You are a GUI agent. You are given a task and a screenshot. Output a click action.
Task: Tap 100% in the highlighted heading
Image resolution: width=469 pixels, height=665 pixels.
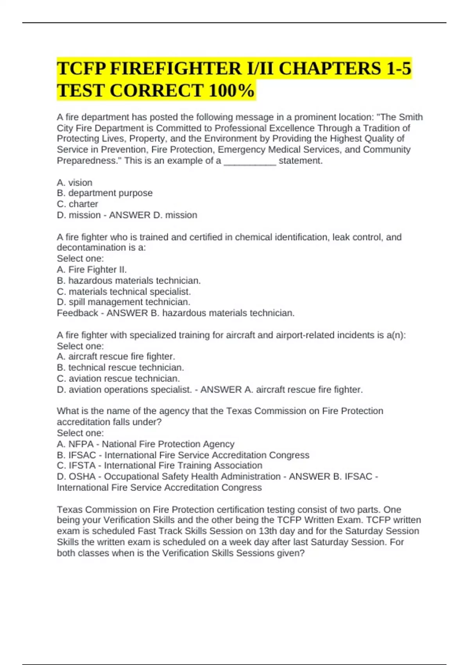point(231,91)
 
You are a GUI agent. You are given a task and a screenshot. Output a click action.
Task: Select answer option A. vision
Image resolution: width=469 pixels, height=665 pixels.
point(75,183)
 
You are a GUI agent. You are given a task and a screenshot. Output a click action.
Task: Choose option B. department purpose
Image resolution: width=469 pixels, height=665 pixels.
point(105,193)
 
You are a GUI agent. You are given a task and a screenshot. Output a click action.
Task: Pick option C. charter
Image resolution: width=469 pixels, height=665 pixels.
point(77,204)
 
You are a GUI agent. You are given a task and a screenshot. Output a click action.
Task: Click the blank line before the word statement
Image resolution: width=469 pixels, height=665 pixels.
point(250,161)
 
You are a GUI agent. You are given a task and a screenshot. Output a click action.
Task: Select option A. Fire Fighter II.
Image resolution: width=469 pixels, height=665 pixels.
point(92,270)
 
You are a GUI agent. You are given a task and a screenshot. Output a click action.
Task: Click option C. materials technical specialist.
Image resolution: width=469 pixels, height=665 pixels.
point(124,291)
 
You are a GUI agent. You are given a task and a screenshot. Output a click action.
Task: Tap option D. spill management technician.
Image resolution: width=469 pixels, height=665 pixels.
point(124,302)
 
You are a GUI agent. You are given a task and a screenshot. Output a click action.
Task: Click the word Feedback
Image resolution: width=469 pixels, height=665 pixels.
point(77,313)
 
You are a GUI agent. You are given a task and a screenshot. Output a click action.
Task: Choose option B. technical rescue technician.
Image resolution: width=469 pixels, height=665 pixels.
point(120,367)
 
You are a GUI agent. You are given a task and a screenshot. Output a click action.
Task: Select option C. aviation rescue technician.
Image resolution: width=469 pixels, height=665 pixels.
point(118,378)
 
